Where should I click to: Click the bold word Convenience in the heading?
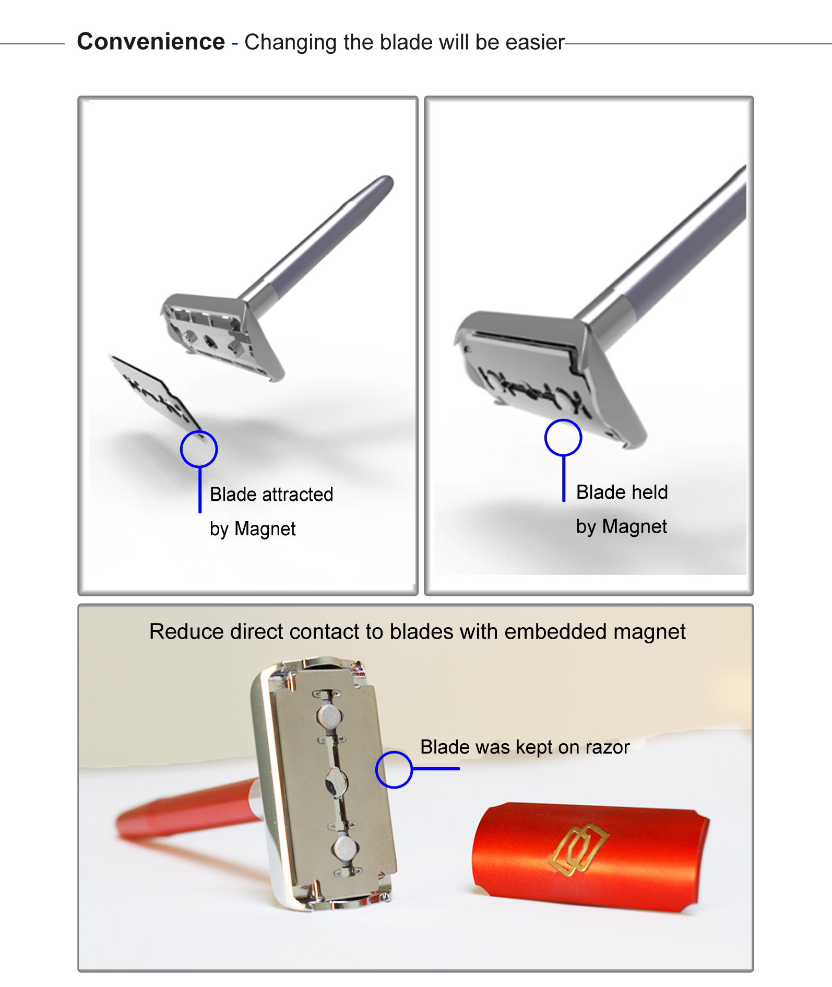(151, 41)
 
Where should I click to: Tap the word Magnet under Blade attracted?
(265, 529)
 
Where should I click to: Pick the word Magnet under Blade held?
(635, 526)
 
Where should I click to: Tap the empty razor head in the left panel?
(222, 334)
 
